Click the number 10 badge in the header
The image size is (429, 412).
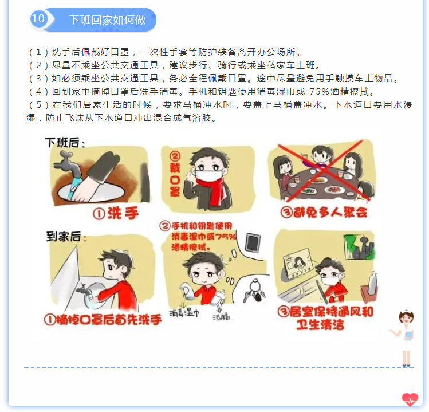pyautogui.click(x=38, y=18)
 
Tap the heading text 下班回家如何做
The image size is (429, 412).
pyautogui.click(x=108, y=19)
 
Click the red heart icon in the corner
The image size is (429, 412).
pyautogui.click(x=410, y=399)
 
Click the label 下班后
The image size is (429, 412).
pyautogui.click(x=65, y=143)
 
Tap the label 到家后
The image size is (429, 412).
pyautogui.click(x=66, y=237)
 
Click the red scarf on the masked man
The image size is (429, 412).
pyautogui.click(x=214, y=190)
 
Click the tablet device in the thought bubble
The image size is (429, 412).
pyautogui.click(x=253, y=242)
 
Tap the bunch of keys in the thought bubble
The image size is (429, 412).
pyautogui.click(x=255, y=292)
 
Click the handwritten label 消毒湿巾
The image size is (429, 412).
pyautogui.click(x=184, y=312)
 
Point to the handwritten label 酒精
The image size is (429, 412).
pyautogui.click(x=222, y=317)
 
